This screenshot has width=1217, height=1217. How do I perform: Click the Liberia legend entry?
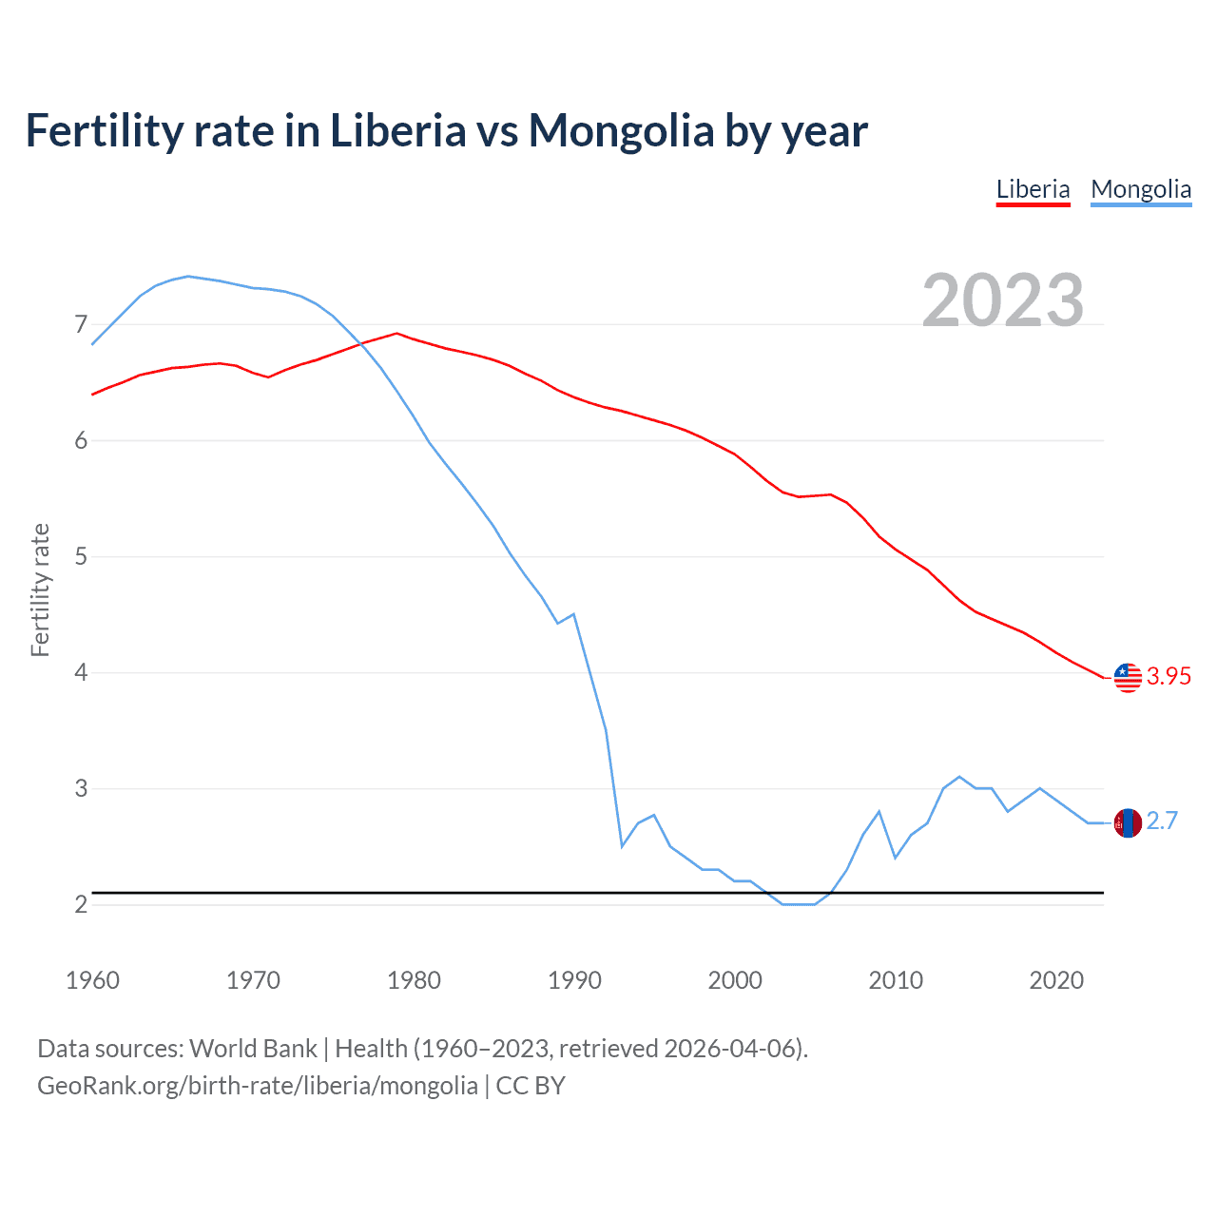pyautogui.click(x=1033, y=189)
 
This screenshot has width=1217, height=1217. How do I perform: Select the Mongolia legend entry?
pyautogui.click(x=1140, y=189)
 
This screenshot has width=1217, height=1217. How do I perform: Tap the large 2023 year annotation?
pyautogui.click(x=1002, y=300)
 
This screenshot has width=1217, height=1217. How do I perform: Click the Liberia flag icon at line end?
pyautogui.click(x=1128, y=677)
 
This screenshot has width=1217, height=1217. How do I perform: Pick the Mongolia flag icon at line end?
pyautogui.click(x=1128, y=822)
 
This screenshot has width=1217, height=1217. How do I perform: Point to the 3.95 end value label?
pyautogui.click(x=1169, y=676)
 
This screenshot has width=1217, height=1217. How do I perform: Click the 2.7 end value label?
pyautogui.click(x=1162, y=821)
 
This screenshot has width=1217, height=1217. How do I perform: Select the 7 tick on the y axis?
pyautogui.click(x=81, y=325)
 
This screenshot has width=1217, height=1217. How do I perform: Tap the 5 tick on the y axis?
pyautogui.click(x=81, y=556)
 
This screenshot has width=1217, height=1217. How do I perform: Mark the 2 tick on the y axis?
pyautogui.click(x=81, y=904)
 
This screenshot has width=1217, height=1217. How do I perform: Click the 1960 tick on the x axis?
pyautogui.click(x=92, y=980)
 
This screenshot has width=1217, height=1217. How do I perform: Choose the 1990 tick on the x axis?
pyautogui.click(x=574, y=980)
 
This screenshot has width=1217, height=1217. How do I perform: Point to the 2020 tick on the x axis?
pyautogui.click(x=1056, y=980)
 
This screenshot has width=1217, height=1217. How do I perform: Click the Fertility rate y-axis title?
pyautogui.click(x=40, y=589)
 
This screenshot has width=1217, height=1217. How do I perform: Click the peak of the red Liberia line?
pyautogui.click(x=396, y=334)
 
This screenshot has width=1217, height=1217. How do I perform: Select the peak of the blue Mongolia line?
pyautogui.click(x=187, y=276)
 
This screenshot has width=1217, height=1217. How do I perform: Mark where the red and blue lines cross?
pyautogui.click(x=361, y=344)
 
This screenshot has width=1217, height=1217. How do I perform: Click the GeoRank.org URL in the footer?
pyautogui.click(x=258, y=1086)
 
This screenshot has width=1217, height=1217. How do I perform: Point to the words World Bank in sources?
pyautogui.click(x=253, y=1049)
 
